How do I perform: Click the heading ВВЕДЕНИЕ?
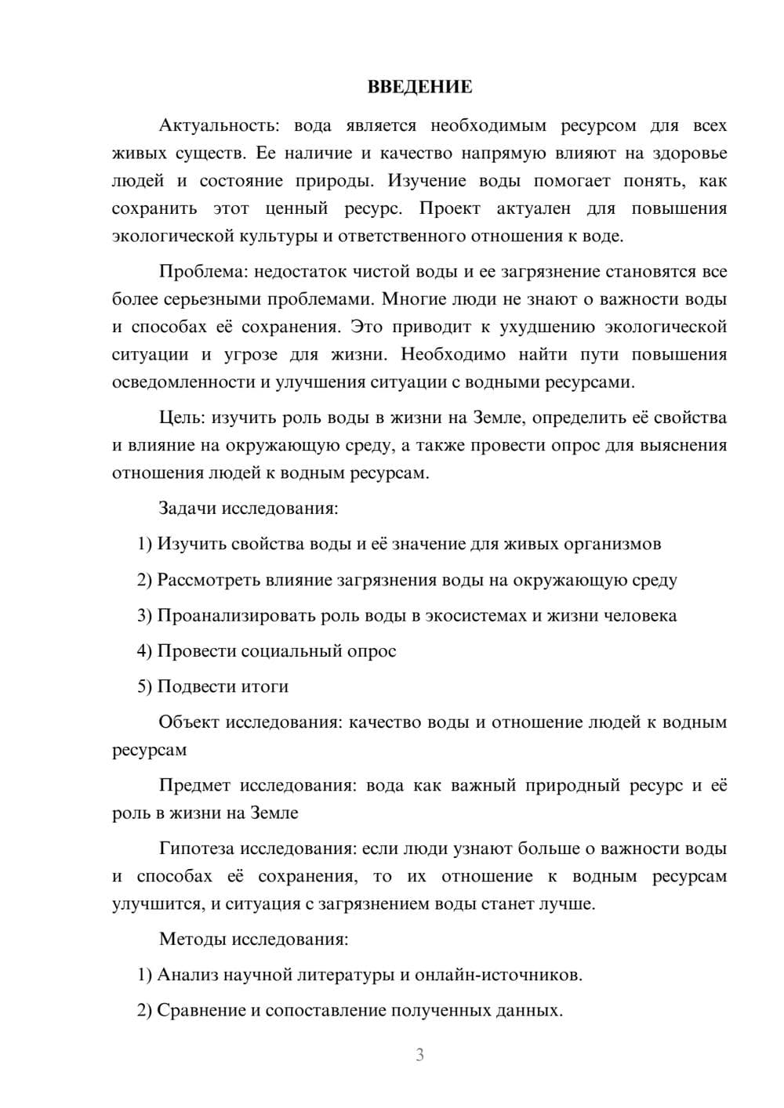[419, 87]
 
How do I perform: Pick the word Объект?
[188, 722]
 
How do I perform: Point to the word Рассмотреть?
[206, 580]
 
